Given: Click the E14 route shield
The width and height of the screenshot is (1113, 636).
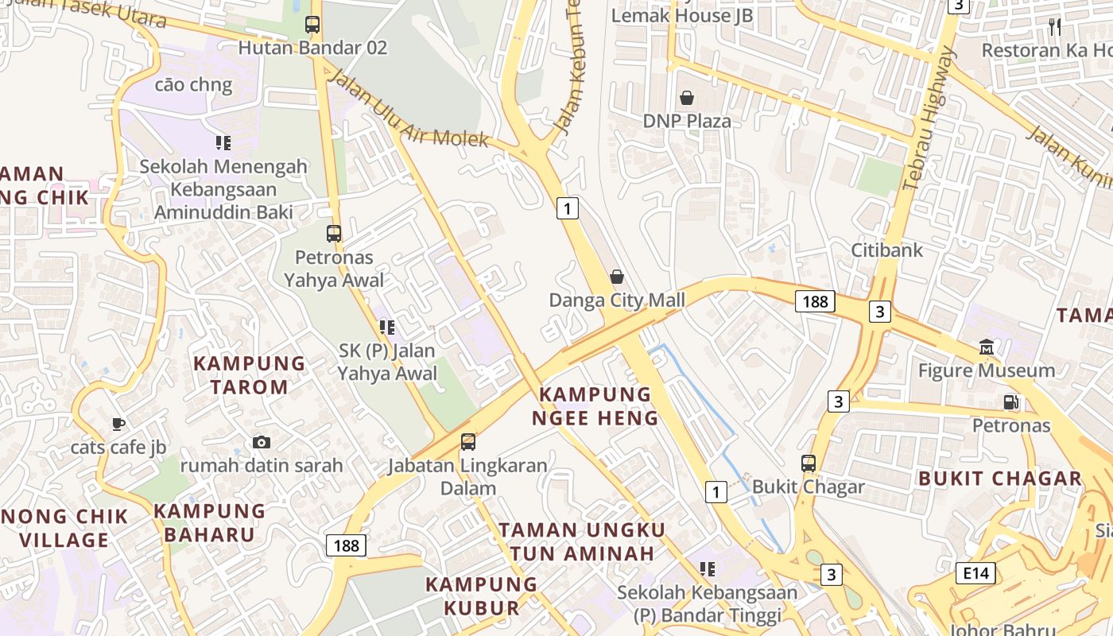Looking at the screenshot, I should coord(975,572).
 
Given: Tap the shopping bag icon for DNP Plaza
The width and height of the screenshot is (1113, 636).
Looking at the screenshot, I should coord(686,98).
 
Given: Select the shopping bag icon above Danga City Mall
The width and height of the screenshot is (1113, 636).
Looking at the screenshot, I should coord(616,277).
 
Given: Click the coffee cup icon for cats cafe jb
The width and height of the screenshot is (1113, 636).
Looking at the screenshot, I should coord(118,424).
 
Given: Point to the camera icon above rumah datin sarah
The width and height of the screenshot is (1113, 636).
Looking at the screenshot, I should coord(261,442).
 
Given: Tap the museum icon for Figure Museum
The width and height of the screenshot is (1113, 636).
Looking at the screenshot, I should coord(987,347).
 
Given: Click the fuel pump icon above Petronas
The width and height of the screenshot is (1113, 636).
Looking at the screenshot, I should coord(1011,401).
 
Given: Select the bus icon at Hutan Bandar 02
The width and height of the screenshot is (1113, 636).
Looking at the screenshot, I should coord(312,24).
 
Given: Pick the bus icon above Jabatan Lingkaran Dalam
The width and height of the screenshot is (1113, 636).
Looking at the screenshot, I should coord(468,441).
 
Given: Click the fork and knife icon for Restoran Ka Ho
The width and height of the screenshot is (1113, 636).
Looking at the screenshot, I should coord(1055,27).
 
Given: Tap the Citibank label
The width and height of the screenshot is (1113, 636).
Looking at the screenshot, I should coord(887,250).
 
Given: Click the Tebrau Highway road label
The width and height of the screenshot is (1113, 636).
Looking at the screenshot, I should coord(929,119).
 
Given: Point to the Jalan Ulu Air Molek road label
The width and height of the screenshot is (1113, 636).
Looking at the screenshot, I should coord(409,109).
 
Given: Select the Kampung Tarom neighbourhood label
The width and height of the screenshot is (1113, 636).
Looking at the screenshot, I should coord(250,375).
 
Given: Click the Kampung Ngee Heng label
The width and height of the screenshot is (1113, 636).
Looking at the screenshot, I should coord(595,405).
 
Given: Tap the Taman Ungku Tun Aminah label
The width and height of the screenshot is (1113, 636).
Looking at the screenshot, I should coord(582,541).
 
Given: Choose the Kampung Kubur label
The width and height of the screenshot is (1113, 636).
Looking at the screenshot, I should coord(482,596).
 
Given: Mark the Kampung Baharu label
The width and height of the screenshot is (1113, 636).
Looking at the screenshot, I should coord(210,522).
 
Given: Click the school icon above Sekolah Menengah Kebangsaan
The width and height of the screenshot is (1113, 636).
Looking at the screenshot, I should coord(223,143).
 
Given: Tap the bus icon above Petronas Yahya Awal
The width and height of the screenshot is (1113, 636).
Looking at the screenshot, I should coord(334,234).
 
